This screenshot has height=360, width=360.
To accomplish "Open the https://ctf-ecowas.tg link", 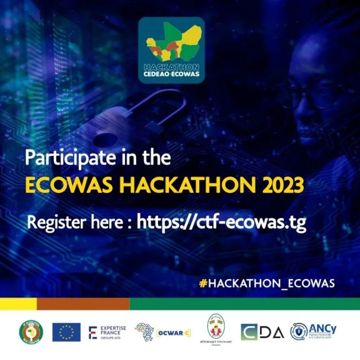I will click(x=221, y=222).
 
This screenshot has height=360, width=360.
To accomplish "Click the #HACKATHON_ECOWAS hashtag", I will click(x=267, y=283).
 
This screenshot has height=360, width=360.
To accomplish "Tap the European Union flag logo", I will click(x=66, y=332).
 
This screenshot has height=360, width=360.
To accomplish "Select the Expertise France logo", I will click(x=107, y=331).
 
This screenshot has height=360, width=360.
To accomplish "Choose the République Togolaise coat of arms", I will click(x=217, y=327).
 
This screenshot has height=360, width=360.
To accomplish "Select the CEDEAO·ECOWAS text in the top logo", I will click(x=171, y=74).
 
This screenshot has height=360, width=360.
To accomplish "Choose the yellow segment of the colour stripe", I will click(x=18, y=304).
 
